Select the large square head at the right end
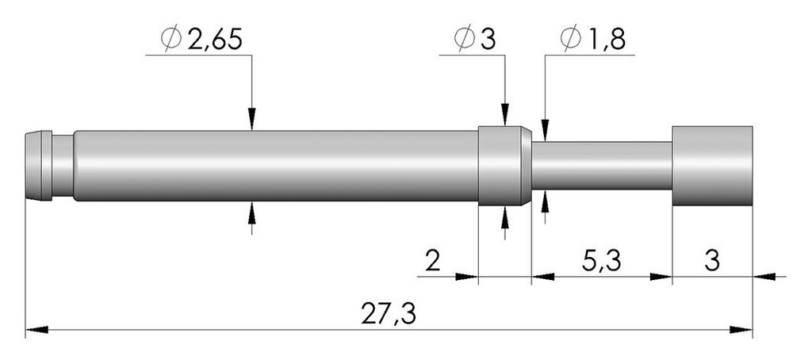pos(712,165)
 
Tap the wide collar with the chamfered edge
pos(503,165)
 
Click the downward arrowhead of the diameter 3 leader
pos(505,117)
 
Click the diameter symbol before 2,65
pos(172,39)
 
